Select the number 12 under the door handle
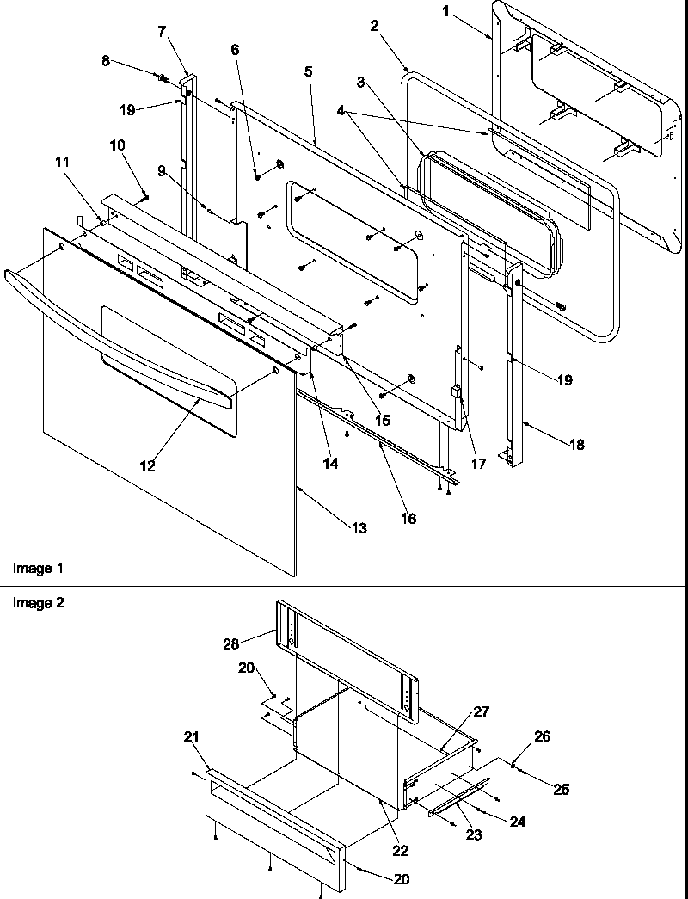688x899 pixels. click(x=148, y=465)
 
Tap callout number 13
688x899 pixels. click(x=359, y=527)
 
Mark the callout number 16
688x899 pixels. click(x=408, y=518)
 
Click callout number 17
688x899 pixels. click(x=478, y=464)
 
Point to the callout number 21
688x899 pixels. click(x=190, y=736)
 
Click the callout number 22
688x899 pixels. click(x=400, y=851)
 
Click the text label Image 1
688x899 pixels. click(x=37, y=569)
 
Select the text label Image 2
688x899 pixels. click(x=37, y=602)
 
